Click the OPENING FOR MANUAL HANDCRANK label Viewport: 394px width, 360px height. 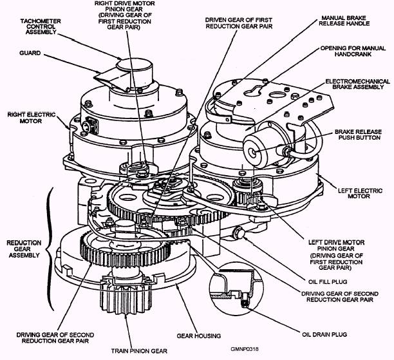click(353, 53)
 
